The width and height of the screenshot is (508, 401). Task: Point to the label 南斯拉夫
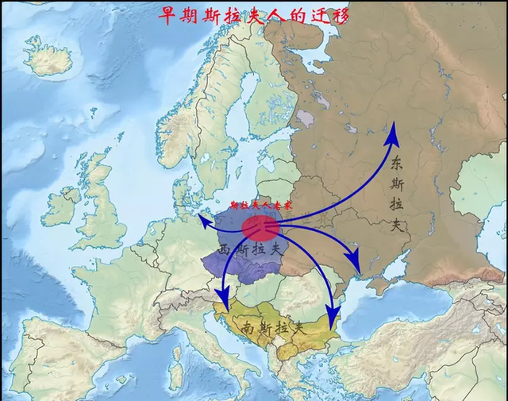click(x=273, y=326)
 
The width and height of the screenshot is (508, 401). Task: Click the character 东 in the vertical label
click(x=398, y=164)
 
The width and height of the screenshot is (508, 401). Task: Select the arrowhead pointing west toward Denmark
click(x=202, y=220)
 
